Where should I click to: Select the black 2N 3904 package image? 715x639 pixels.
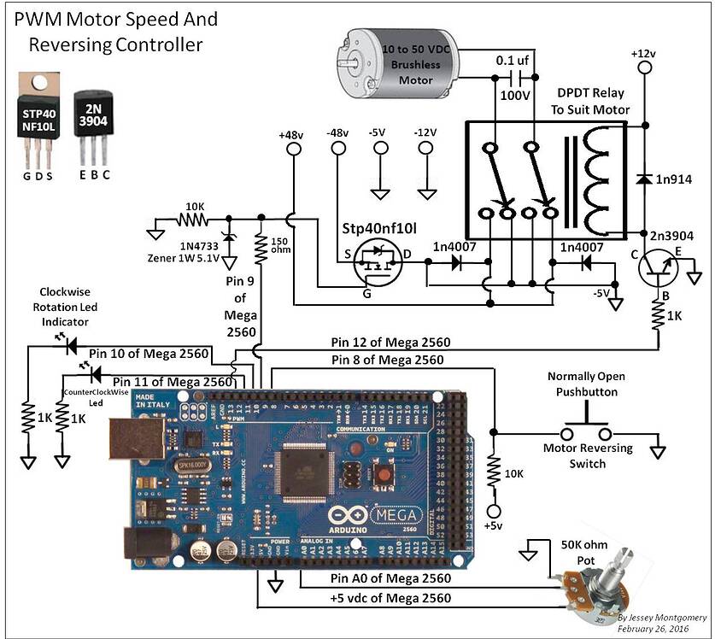tap(92, 120)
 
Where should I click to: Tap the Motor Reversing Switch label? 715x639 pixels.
tap(588, 455)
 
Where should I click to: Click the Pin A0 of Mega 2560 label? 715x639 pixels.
tap(390, 579)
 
